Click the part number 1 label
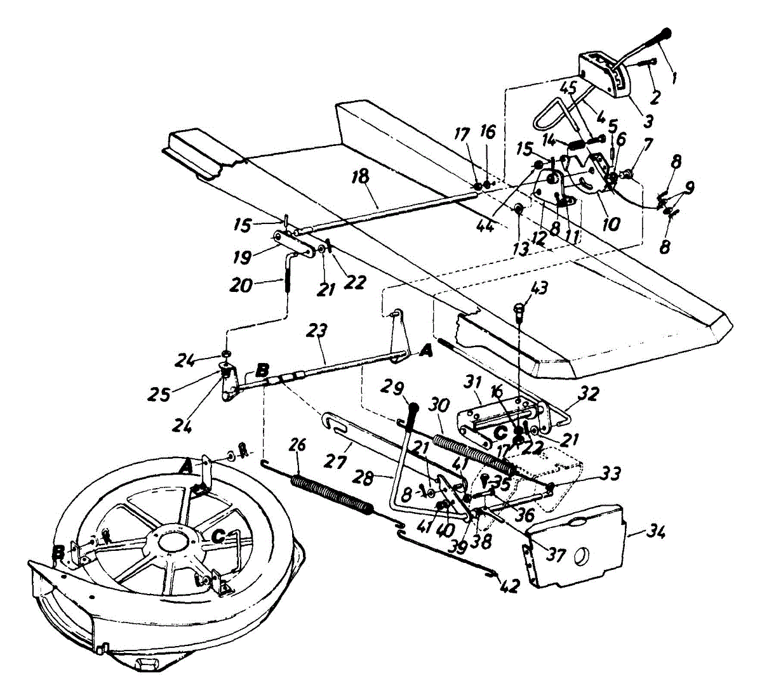click(x=674, y=79)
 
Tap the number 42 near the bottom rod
click(x=509, y=586)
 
